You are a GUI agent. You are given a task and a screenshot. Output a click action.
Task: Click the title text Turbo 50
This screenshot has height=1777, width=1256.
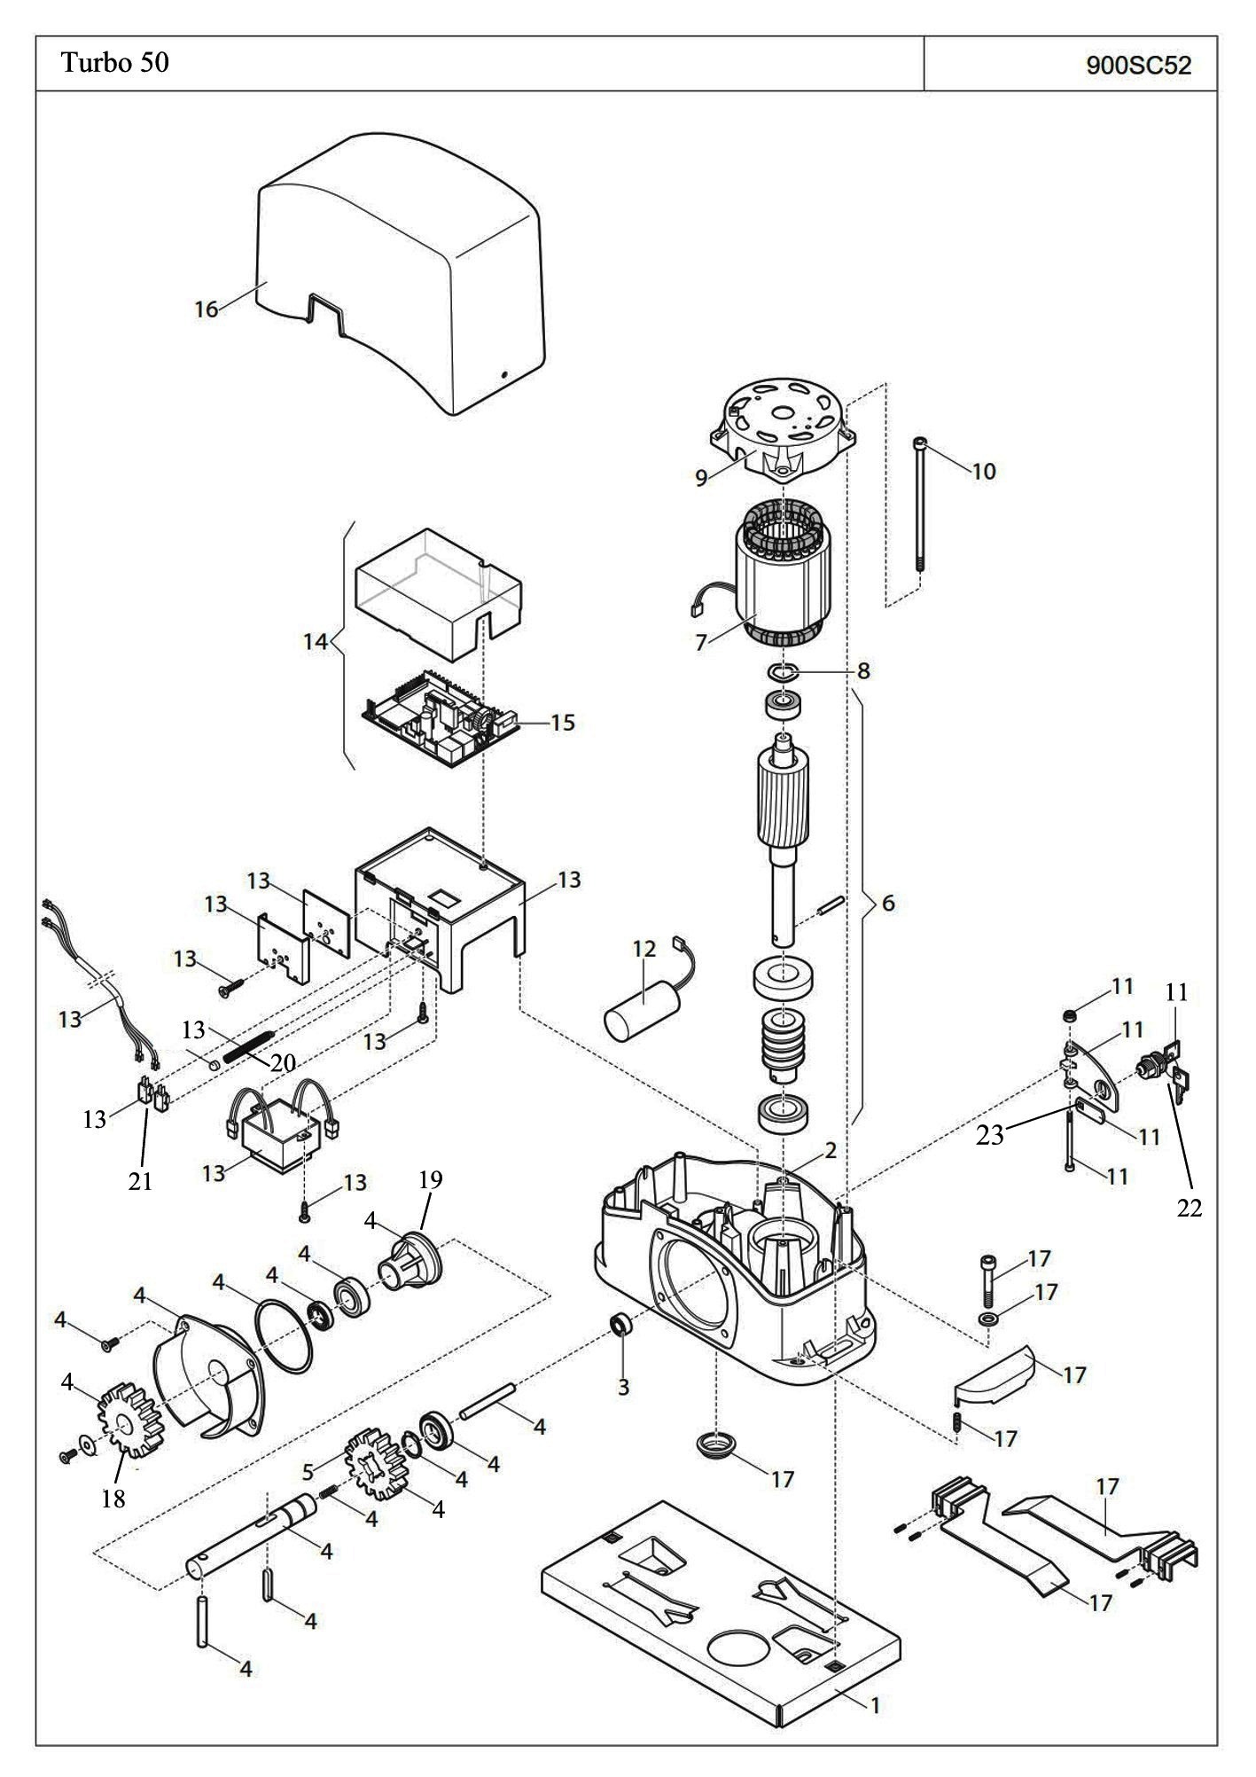click(114, 63)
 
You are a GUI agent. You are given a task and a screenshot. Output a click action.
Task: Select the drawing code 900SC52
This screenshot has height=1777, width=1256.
click(1138, 66)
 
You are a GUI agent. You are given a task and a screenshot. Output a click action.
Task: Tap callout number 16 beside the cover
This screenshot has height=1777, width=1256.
click(206, 309)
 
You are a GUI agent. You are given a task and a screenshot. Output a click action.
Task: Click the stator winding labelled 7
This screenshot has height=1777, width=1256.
click(780, 576)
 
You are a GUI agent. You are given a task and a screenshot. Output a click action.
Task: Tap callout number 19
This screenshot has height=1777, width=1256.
click(431, 1180)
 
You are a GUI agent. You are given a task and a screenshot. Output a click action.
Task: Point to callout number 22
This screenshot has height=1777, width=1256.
click(1189, 1208)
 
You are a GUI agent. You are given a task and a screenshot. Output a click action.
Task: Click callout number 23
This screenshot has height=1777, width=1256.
click(989, 1134)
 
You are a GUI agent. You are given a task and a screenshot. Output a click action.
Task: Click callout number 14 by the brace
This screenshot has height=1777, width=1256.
click(316, 641)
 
